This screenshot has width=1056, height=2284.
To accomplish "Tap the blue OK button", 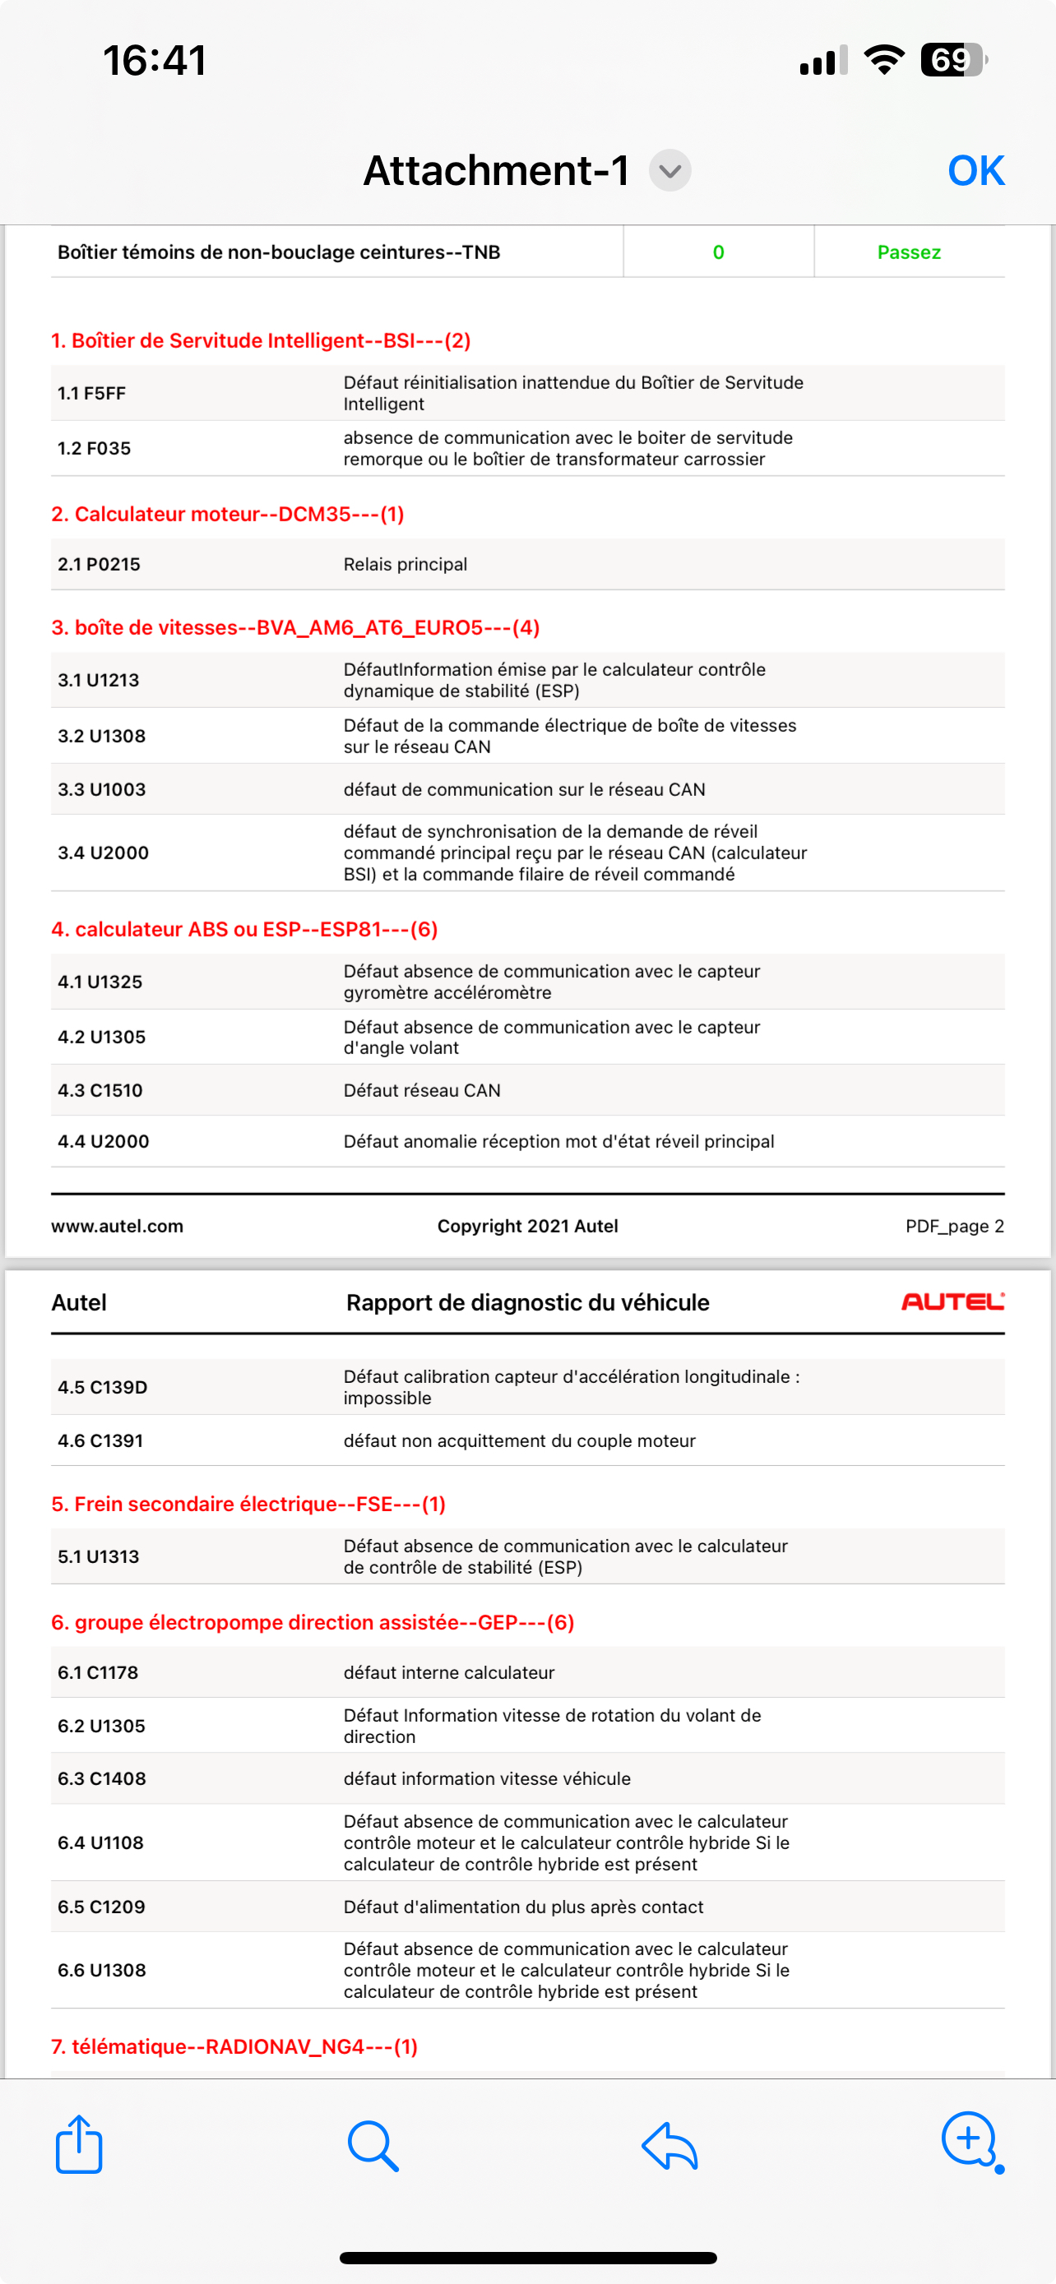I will point(975,170).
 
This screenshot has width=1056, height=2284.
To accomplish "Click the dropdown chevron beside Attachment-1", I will point(669,170).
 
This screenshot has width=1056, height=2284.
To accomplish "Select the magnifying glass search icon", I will point(373,2146).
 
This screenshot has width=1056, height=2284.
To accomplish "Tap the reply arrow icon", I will point(669,2146).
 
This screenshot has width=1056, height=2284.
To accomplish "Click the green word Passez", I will point(909,252).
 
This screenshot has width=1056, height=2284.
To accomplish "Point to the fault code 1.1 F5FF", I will point(91,394).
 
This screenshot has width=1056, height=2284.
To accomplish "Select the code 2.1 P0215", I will point(100,565).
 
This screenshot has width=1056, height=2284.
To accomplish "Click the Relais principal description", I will point(405,565).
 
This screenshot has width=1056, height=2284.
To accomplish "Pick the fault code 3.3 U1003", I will point(102,790).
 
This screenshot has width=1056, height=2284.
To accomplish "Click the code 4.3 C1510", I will point(100,1090).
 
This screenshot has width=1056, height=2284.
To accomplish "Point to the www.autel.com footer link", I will point(117,1226).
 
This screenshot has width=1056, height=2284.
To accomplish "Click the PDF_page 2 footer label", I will point(954,1226).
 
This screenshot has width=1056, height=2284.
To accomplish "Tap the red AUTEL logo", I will point(952,1302).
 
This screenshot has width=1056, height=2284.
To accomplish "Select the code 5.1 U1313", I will point(99,1557).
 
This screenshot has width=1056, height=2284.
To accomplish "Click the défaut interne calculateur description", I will point(449,1673).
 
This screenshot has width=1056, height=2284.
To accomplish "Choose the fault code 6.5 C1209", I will point(101,1907).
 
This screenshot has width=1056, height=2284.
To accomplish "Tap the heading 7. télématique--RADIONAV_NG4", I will point(234,2046).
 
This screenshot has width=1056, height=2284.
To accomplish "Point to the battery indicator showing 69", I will point(953,60).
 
